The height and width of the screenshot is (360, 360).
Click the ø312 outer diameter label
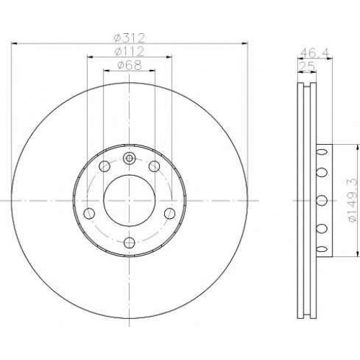[130, 37]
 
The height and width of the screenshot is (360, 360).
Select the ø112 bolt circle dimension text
[130, 51]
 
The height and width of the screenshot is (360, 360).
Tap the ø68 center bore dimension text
[130, 65]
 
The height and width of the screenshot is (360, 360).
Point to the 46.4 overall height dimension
[315, 53]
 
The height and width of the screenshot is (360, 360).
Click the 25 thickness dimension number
[307, 66]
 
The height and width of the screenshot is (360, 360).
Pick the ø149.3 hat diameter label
[352, 200]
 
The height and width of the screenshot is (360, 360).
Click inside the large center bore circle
[130, 200]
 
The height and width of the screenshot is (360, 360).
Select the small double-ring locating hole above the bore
[129, 158]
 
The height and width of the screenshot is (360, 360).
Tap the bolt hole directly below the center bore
[129, 243]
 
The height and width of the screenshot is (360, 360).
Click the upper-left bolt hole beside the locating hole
[104, 166]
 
